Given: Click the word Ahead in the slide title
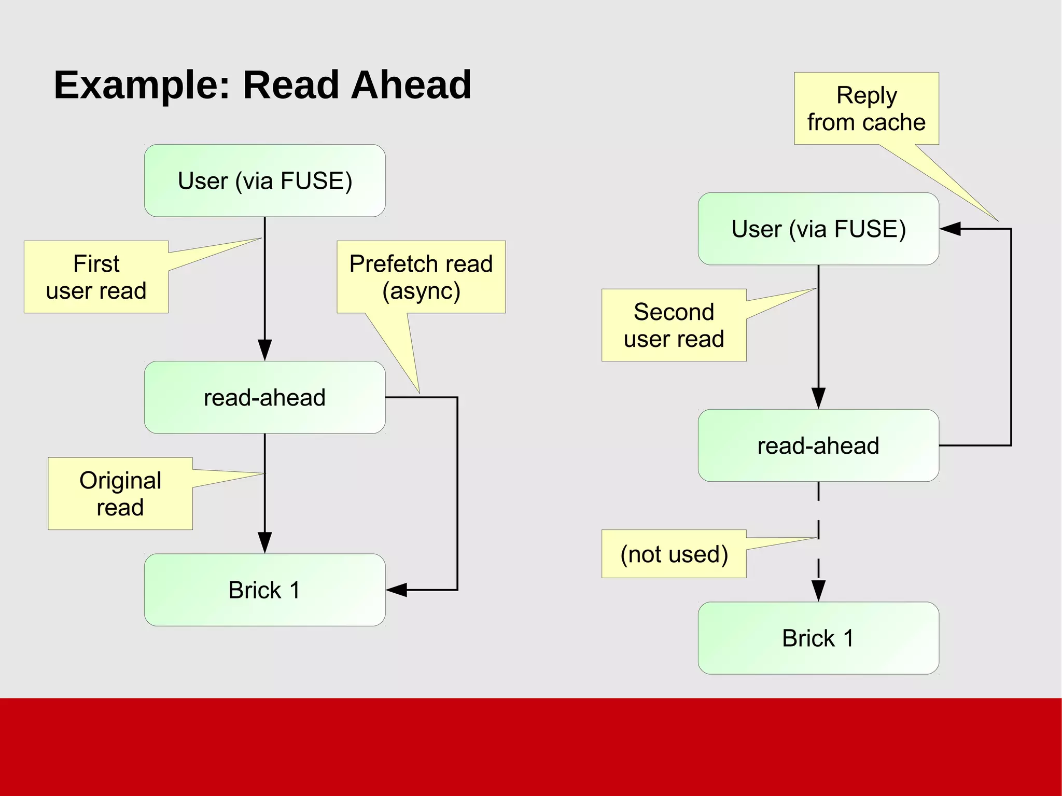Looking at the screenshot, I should (411, 85).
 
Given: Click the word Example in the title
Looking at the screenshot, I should (141, 85).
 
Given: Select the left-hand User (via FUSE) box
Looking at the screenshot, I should (264, 180).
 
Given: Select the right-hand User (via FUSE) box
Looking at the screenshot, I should (818, 229).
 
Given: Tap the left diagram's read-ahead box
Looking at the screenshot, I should (264, 397).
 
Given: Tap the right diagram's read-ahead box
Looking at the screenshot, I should (818, 445).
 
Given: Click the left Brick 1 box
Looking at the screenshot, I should (264, 590).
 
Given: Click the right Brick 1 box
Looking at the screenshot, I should (818, 638).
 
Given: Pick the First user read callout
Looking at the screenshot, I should (96, 277).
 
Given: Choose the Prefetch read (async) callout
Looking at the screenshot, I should (421, 277).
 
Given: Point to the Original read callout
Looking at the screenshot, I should (120, 493).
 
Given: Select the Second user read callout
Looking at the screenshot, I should (674, 325).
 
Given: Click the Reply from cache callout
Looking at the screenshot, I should (866, 108).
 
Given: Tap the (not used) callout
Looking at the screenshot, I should (674, 554).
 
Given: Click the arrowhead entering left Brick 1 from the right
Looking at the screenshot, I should (396, 590).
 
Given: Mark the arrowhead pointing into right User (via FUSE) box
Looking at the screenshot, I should (950, 229).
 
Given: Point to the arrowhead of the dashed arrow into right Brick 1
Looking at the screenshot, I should (818, 591).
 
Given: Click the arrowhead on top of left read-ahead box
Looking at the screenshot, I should (264, 350).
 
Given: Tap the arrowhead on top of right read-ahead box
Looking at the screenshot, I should (818, 398).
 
